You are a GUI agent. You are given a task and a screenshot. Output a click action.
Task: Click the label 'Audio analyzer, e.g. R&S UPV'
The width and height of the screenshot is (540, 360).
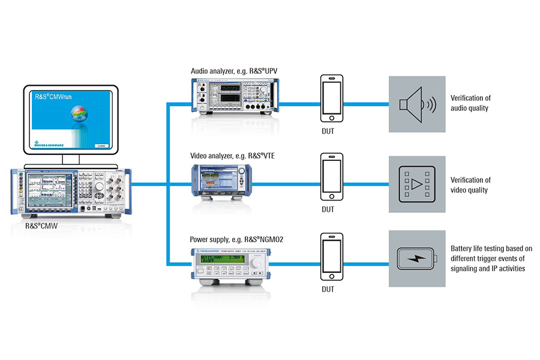233,71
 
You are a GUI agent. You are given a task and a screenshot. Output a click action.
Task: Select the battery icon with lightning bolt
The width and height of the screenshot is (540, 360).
416,259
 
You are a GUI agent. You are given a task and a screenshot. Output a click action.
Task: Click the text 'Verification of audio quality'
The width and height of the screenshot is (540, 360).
470,103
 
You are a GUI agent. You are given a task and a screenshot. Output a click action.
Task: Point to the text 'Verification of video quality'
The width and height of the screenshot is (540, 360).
470,185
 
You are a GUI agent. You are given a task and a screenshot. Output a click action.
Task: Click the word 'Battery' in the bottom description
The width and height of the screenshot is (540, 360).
462,248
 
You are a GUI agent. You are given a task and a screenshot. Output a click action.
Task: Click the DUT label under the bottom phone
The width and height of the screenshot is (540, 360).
328,289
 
